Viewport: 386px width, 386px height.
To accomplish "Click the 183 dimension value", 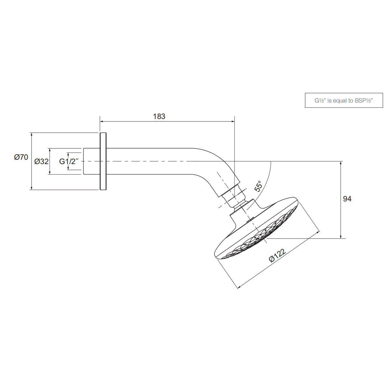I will (x=159, y=116).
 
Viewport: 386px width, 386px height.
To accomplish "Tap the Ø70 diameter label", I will (x=21, y=157).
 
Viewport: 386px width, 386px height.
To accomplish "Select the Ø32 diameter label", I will (x=41, y=161).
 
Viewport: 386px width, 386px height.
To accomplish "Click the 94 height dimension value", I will (x=347, y=199).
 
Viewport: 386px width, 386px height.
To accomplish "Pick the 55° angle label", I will (x=258, y=186).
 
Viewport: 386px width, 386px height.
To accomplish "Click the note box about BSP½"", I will (x=344, y=101).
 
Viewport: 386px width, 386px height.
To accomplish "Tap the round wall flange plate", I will (x=103, y=161).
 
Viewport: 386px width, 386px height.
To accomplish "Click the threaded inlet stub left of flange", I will (x=91, y=161).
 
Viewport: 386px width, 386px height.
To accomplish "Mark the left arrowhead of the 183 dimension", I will (x=102, y=122).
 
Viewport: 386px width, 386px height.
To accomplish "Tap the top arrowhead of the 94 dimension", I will (x=341, y=163).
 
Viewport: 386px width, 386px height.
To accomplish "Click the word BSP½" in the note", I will (x=363, y=101).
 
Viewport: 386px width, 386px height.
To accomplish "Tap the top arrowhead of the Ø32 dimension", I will (x=50, y=150).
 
